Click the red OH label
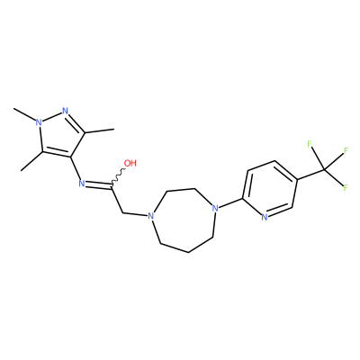130,163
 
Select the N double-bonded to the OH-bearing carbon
81,183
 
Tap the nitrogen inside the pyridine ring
265,217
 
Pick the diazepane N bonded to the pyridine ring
214,208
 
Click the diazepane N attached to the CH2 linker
151,216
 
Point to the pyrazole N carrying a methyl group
38,122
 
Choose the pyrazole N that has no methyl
66,111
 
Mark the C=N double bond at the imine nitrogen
98,185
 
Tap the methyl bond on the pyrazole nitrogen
24,114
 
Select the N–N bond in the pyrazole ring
51,117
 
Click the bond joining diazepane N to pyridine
229,202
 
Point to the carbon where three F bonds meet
324,169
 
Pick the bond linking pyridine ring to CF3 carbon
310,175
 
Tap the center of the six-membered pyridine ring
269,189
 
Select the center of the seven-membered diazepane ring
184,220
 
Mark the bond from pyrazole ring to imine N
75,168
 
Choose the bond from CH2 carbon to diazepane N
136,214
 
